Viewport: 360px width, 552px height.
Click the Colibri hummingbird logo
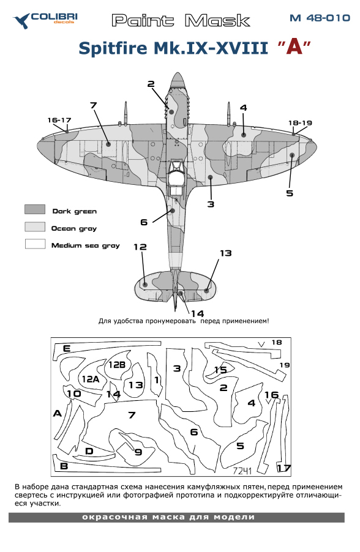pyautogui.click(x=22, y=21)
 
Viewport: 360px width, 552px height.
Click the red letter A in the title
pyautogui.click(x=294, y=47)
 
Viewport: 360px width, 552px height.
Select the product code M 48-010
pyautogui.click(x=320, y=18)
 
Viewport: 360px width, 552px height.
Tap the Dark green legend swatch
pyautogui.click(x=35, y=209)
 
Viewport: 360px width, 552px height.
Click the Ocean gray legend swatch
pyautogui.click(x=35, y=226)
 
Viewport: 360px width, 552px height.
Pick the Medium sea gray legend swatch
pyautogui.click(x=36, y=244)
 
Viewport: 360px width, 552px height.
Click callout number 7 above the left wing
pyautogui.click(x=93, y=105)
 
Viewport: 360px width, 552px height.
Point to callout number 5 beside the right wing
pyautogui.click(x=290, y=193)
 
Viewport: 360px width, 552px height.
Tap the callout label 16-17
pyautogui.click(x=59, y=120)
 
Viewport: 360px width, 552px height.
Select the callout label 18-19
pyautogui.click(x=300, y=123)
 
